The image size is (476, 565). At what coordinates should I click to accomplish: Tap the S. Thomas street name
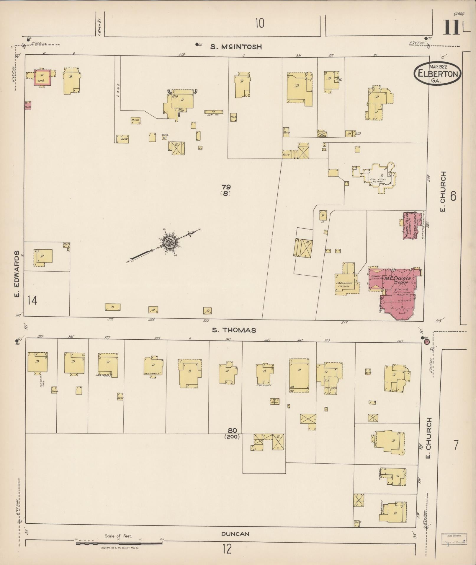pos(234,330)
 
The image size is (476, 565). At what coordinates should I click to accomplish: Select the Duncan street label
pos(235,534)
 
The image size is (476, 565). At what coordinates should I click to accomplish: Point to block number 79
pos(226,187)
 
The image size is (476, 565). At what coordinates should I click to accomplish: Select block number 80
pos(232,430)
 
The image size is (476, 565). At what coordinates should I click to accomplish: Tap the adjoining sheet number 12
pos(227,549)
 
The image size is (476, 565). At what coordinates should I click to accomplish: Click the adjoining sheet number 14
pos(32,301)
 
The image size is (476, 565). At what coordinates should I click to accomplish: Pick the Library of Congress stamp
pos(454,538)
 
